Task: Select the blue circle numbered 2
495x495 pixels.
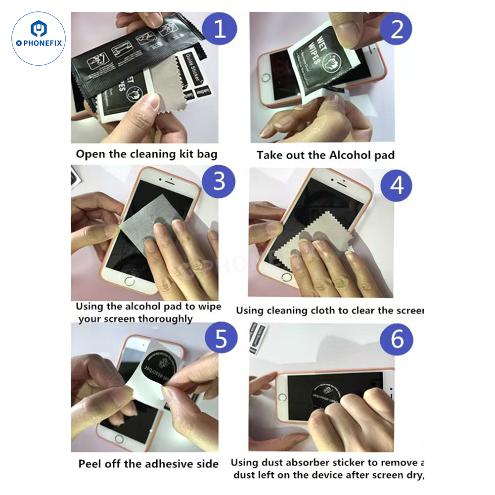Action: pyautogui.click(x=397, y=29)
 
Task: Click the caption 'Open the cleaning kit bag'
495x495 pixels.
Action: pyautogui.click(x=146, y=154)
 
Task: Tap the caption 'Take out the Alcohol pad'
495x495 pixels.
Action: pyautogui.click(x=325, y=155)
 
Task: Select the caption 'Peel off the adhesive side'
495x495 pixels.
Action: pyautogui.click(x=148, y=464)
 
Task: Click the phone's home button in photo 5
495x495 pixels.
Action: pyautogui.click(x=119, y=439)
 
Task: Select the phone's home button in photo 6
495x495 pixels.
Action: pyautogui.click(x=282, y=397)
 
